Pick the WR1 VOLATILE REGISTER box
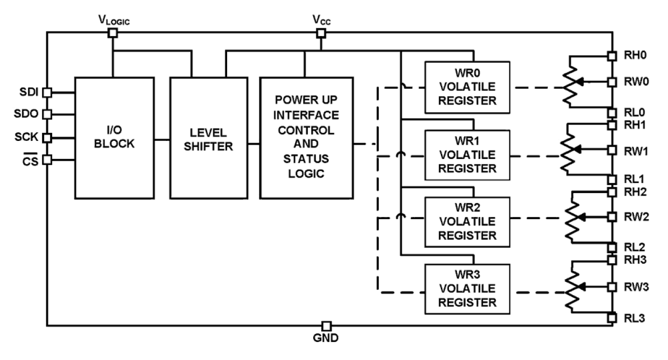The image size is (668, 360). click(466, 154)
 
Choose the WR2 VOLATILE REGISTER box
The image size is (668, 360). click(466, 220)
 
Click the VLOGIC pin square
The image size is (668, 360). click(113, 33)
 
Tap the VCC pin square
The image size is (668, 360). click(321, 33)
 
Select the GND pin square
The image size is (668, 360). click(327, 325)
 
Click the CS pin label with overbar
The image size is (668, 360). click(32, 159)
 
